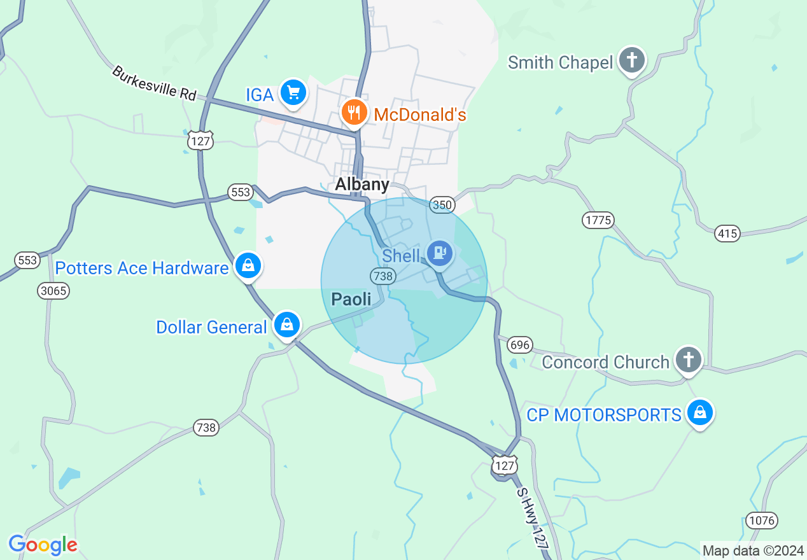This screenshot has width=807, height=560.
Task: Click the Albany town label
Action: coord(362,185)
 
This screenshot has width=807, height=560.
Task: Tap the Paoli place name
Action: coord(351,298)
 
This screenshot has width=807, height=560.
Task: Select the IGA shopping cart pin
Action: coord(293,94)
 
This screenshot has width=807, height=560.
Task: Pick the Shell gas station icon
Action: coord(439,253)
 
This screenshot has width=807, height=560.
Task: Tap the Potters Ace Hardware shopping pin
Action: coord(248,265)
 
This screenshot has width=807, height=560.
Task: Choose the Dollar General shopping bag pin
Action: coord(287,325)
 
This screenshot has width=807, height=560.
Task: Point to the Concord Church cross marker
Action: coord(688,360)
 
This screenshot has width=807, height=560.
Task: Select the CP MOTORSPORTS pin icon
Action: coord(700,413)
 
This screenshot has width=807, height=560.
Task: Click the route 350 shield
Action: coord(442,205)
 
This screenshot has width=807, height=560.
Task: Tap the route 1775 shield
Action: coord(598,221)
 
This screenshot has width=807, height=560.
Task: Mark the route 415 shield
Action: coord(727,234)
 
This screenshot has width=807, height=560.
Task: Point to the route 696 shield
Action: coord(520,346)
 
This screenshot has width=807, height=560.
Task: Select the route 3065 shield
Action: coord(53,291)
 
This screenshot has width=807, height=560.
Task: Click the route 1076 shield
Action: coord(762,521)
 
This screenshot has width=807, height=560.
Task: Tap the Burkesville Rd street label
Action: coord(154,83)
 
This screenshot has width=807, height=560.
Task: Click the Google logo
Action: coord(43,545)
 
